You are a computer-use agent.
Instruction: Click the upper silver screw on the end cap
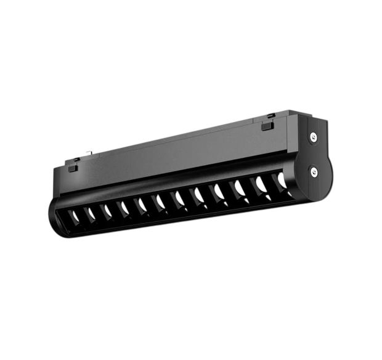(314, 137)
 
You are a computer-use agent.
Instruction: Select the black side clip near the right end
(267, 126)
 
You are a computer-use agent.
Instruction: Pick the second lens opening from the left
(91, 213)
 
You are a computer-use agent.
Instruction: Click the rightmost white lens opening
(282, 179)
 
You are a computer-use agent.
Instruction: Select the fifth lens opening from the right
(199, 194)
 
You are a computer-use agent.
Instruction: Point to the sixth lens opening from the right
(180, 197)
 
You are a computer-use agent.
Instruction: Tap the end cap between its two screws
(314, 154)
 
